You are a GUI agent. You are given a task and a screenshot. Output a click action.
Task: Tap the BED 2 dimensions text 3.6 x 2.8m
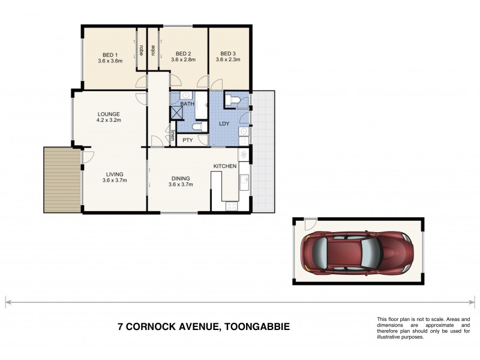pos(184,60)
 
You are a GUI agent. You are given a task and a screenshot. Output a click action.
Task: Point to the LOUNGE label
pos(109,113)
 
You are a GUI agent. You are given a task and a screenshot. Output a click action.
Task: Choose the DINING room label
pos(181,178)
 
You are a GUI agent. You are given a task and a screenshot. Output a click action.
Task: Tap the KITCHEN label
pos(225,166)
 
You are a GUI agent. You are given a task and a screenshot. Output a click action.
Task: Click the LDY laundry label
pos(225,124)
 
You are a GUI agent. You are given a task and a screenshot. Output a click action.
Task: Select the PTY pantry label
pos(187,140)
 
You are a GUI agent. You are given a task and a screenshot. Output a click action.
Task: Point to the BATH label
pos(187,104)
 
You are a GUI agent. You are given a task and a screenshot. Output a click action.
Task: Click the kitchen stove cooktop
pos(231,206)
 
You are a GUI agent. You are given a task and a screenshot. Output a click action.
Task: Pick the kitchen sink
pos(244,182)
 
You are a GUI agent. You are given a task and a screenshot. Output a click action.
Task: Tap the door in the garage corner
pos(308,224)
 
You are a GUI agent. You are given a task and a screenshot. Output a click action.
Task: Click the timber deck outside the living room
pos(62,180)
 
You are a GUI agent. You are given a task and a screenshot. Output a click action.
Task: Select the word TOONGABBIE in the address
pos(255,327)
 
